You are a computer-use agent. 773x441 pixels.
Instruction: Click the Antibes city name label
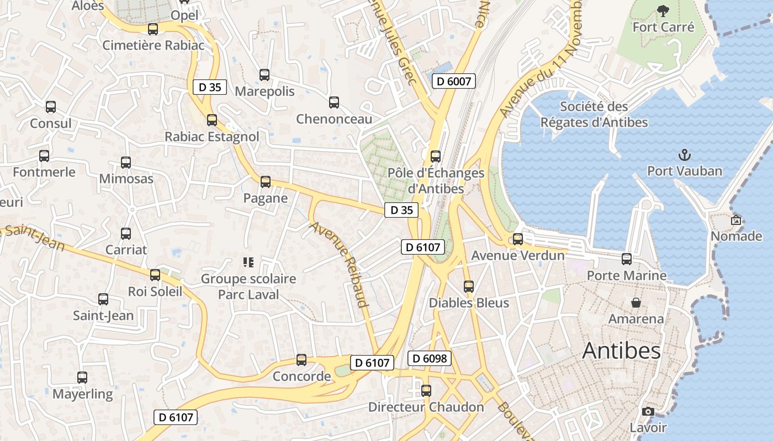click(x=621, y=351)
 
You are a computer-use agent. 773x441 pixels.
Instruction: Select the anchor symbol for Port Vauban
click(x=685, y=154)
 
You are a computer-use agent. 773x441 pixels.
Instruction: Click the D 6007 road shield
click(x=453, y=82)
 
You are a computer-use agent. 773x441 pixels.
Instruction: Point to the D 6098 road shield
click(x=430, y=359)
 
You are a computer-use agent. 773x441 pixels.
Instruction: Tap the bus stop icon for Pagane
click(x=266, y=181)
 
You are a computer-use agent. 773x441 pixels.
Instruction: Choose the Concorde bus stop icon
click(x=301, y=360)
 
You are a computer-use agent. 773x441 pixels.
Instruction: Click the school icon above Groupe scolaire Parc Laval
click(x=248, y=262)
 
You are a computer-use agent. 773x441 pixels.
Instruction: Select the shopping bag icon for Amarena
click(x=636, y=303)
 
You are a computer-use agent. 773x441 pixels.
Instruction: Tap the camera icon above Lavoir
click(x=648, y=411)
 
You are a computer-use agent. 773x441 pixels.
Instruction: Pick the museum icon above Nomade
click(x=736, y=220)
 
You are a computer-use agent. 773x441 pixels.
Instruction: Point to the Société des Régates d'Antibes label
click(x=594, y=114)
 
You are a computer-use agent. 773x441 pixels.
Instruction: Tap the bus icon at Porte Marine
click(x=627, y=259)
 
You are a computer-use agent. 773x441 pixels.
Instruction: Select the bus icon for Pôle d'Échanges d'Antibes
click(x=436, y=156)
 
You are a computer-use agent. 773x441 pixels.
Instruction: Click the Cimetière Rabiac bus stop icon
click(x=153, y=29)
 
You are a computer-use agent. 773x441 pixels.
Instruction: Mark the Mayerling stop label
click(x=82, y=394)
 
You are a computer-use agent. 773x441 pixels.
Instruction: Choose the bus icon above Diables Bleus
click(x=469, y=286)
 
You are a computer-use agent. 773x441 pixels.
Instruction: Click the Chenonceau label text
click(x=334, y=119)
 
